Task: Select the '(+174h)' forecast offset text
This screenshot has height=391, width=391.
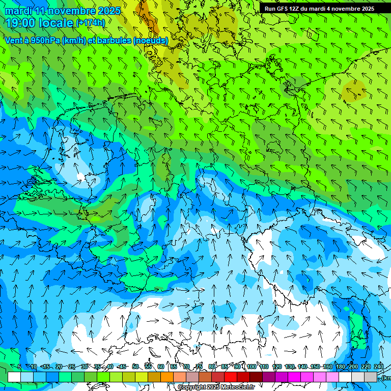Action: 90,23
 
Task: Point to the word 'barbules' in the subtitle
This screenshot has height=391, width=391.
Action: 114,41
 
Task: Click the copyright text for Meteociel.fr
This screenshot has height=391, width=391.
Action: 216,387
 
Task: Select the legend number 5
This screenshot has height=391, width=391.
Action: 19,367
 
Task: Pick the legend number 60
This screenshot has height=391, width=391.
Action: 161,367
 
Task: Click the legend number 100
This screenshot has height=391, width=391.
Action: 252,367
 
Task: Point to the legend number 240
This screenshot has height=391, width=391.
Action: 379,367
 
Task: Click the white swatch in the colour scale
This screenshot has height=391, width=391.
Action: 14,377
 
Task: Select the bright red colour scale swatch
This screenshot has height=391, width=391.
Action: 231,377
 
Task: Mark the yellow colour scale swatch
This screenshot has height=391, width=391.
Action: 142,377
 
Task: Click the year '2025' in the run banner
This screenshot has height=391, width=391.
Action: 366,9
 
